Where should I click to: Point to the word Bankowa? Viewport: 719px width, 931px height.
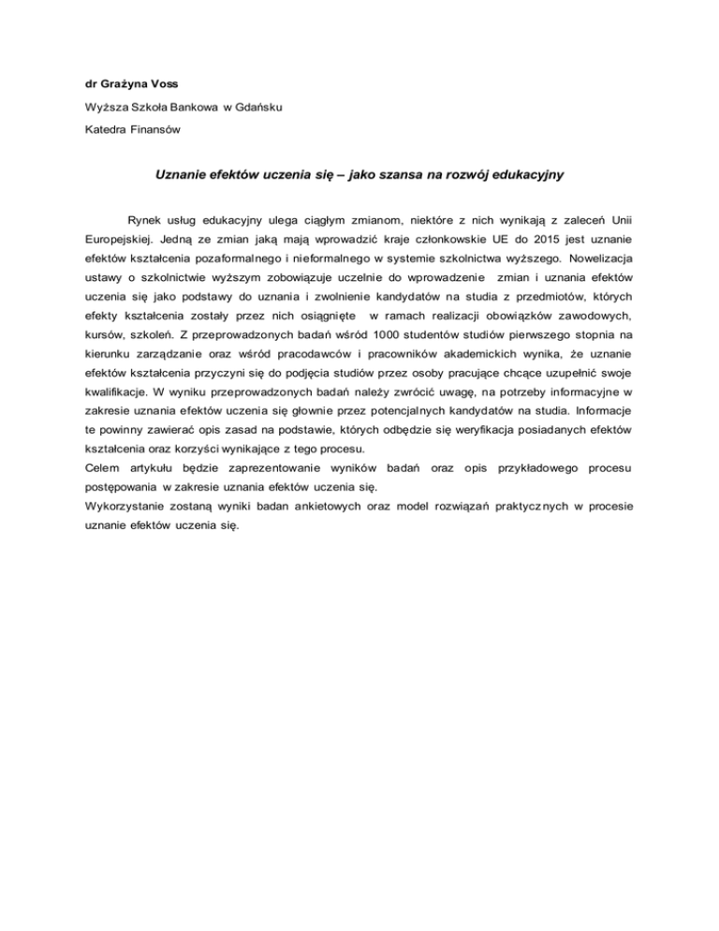coord(192,107)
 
